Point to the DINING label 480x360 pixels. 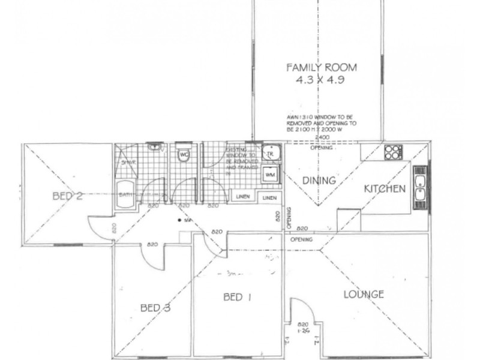[x=318, y=180]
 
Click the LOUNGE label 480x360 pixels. [x=364, y=294]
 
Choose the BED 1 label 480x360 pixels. [x=232, y=297]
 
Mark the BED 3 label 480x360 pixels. [x=155, y=308]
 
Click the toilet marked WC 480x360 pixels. [x=184, y=155]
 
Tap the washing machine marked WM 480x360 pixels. [x=269, y=175]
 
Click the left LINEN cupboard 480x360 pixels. [x=242, y=197]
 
